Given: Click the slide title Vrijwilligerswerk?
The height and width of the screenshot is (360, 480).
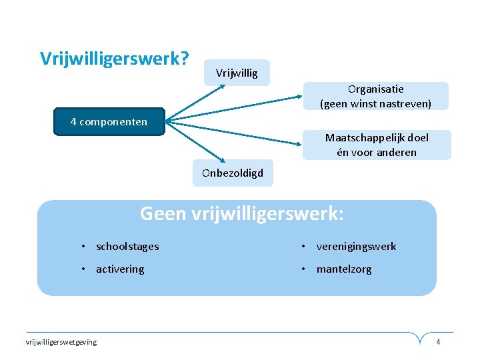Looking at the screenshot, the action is (114, 59).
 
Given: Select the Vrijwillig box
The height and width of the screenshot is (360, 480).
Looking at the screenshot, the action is (237, 73).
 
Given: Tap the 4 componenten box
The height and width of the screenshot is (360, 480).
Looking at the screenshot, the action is (109, 122).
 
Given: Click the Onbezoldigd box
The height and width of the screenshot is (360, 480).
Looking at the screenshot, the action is (233, 173).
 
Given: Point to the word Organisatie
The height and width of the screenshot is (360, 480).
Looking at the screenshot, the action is (376, 89).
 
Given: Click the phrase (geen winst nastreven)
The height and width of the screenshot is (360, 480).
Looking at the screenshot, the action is (376, 103).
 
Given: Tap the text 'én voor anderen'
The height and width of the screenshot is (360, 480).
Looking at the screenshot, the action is (377, 152).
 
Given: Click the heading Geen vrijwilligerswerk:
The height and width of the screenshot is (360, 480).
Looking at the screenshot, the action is (242, 214).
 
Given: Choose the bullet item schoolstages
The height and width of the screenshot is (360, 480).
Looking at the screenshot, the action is (127, 247).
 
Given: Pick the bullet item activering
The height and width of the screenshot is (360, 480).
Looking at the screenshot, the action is (120, 269).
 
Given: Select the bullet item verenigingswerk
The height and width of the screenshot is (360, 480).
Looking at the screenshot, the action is (356, 247).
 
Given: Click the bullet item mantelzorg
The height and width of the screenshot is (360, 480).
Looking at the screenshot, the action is (344, 269).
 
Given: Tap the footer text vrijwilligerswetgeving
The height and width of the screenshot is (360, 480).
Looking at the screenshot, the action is (61, 342).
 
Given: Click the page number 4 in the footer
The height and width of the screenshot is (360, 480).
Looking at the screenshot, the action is (438, 342).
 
